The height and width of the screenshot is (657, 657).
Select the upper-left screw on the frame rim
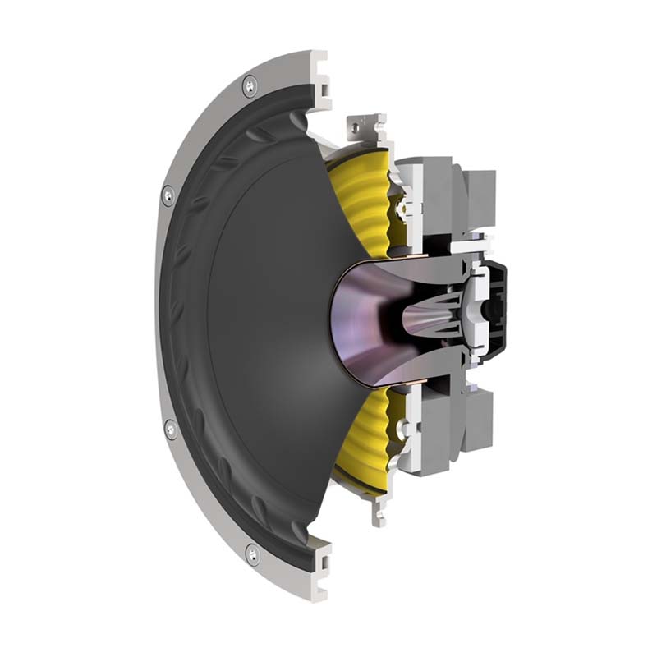coord(168,195)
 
